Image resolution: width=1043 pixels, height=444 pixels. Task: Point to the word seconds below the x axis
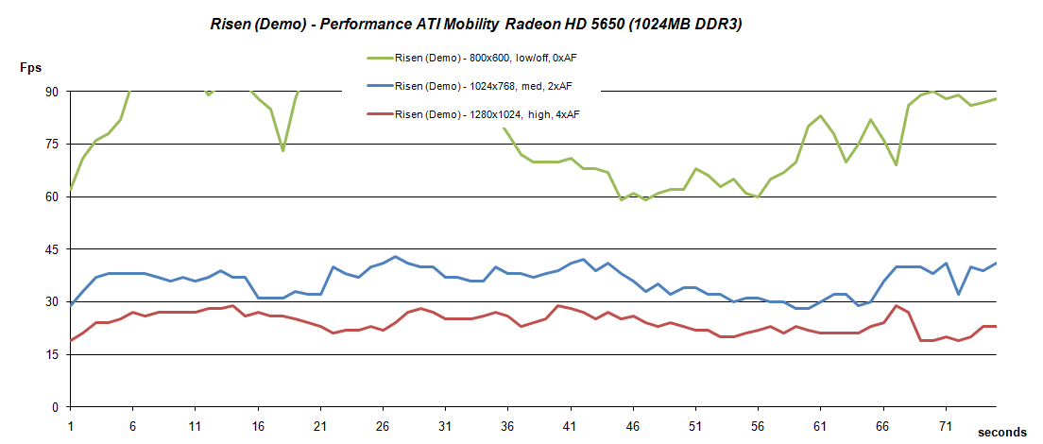[x=1002, y=432]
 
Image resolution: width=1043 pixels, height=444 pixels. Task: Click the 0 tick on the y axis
[x=54, y=407]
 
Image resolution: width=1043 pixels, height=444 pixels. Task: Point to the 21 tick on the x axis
[x=319, y=425]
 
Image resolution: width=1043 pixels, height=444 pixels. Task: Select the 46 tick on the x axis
[x=633, y=425]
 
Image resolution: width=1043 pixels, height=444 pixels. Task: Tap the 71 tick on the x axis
[x=946, y=425]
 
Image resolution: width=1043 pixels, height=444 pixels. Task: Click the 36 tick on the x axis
[x=507, y=425]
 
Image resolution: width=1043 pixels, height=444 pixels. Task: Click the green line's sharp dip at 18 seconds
[x=282, y=150]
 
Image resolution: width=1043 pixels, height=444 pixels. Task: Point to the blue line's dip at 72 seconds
[x=959, y=294]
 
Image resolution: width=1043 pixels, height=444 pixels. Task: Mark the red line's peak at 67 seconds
[x=897, y=305]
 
